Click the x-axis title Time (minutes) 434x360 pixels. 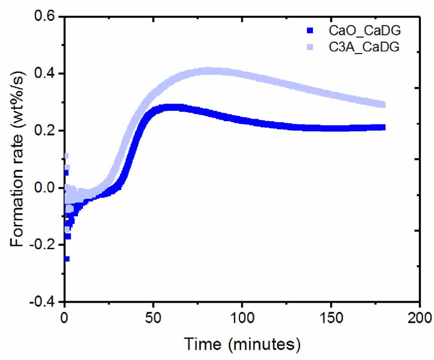pos(242,344)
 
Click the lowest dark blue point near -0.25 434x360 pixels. pos(66,259)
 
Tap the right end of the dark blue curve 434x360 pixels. pos(383,127)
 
